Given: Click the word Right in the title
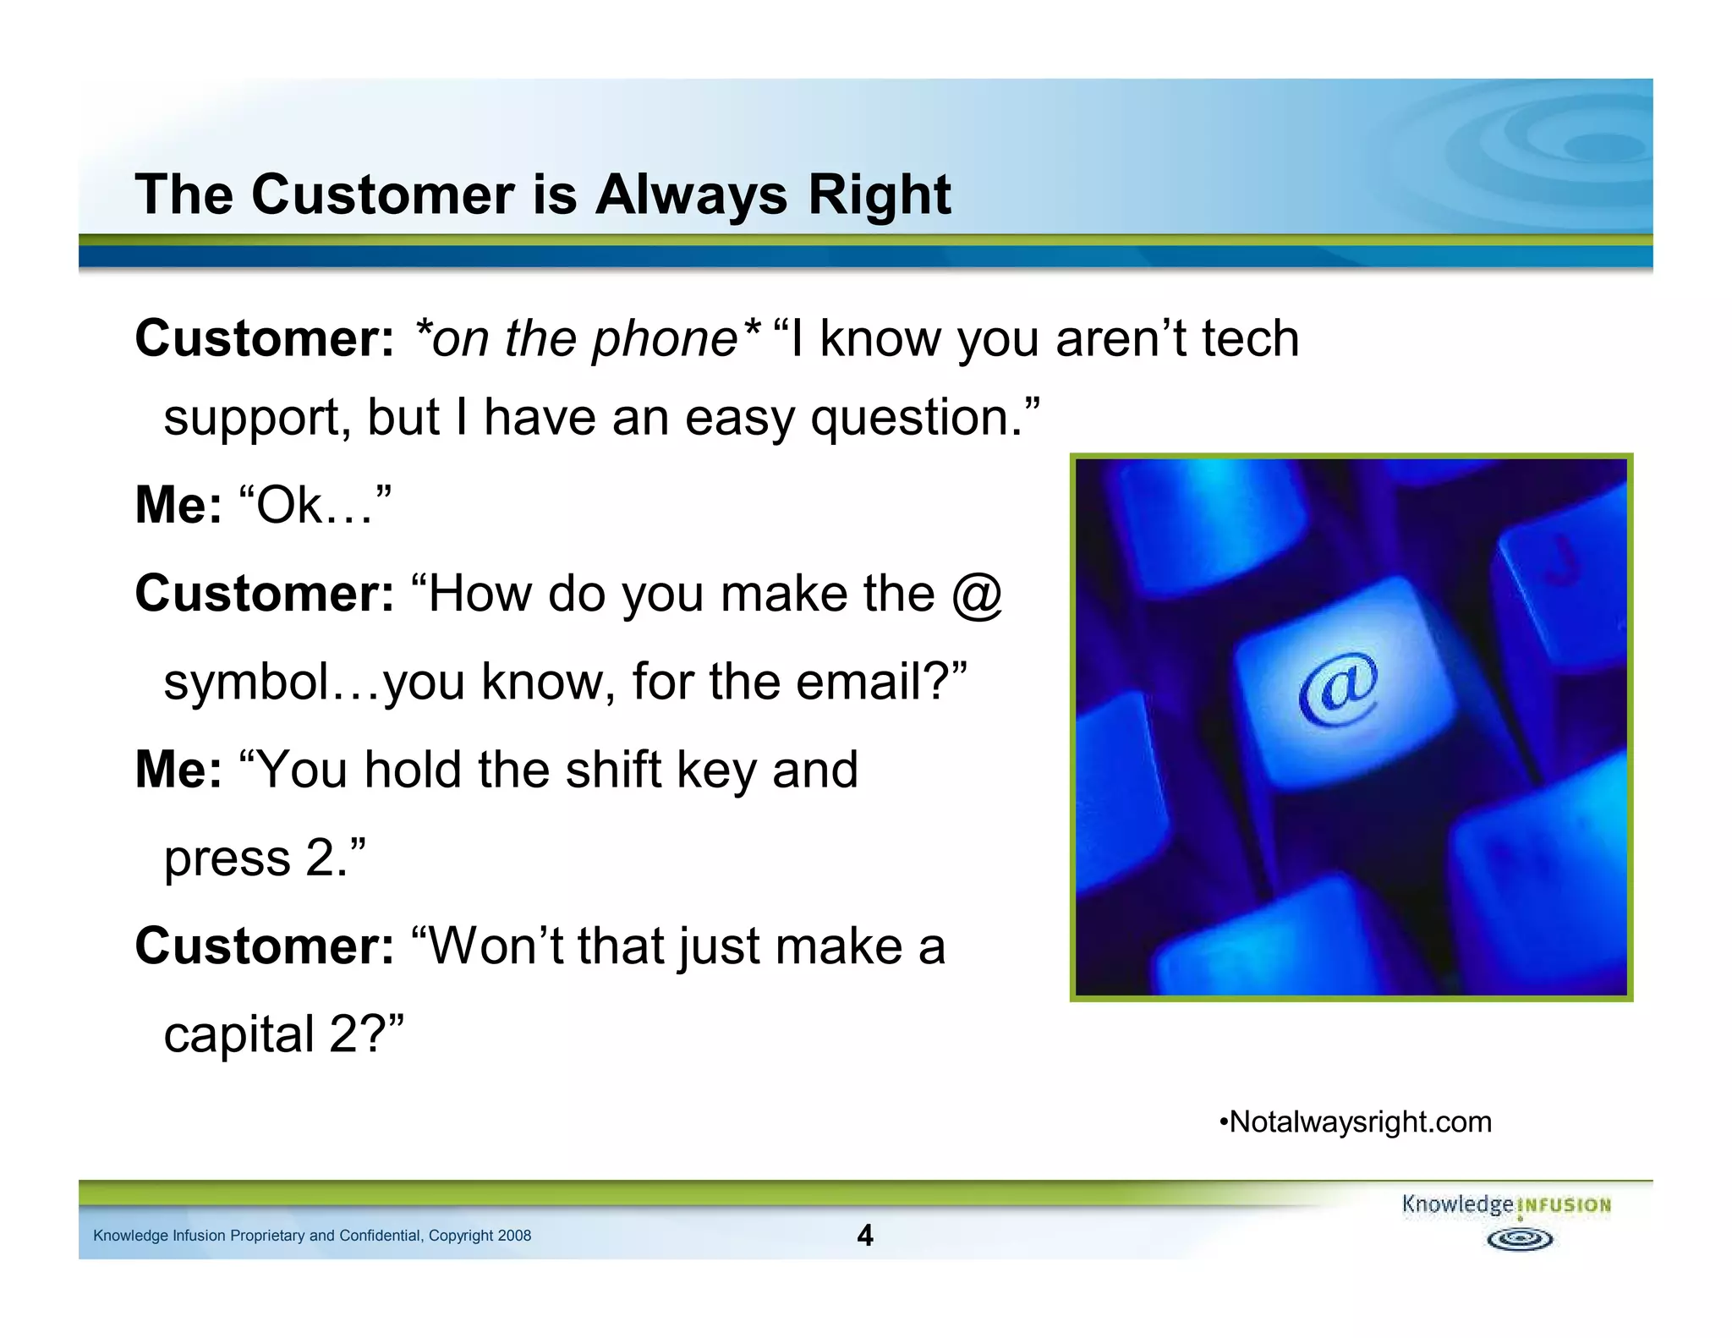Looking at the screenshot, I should (x=879, y=195).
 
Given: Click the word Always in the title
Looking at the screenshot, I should (x=691, y=195).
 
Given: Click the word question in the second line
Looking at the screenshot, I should (x=917, y=418).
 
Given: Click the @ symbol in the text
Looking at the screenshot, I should (x=976, y=595).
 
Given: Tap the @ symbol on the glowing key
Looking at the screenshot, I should (x=1338, y=689).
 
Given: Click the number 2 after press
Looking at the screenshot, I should (x=321, y=858).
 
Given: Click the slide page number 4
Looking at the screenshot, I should (x=864, y=1236).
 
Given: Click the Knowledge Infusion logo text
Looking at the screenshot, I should (x=1505, y=1204).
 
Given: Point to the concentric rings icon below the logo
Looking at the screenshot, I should (x=1519, y=1240).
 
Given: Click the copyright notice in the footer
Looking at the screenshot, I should (x=312, y=1236).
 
